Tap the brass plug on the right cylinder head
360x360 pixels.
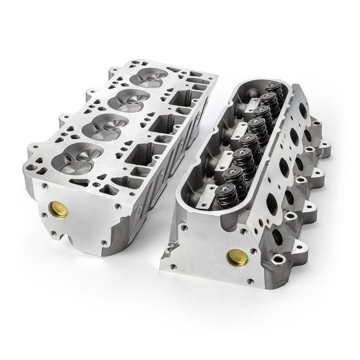click(x=236, y=257)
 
